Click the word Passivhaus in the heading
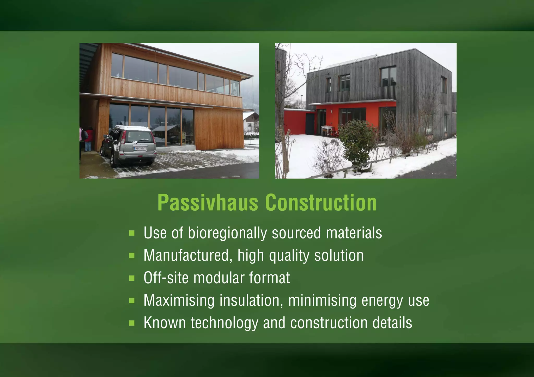click(x=208, y=203)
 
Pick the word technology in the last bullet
click(x=224, y=323)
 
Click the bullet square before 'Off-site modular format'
click(x=132, y=278)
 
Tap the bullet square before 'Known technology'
click(x=132, y=323)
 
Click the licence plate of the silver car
click(x=139, y=148)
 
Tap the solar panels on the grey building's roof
click(x=352, y=61)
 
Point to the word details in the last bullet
click(x=392, y=323)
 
